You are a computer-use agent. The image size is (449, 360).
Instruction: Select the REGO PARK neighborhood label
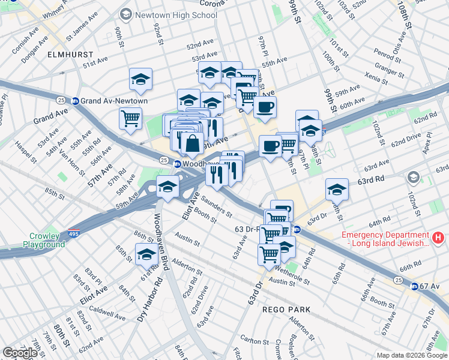coord(286,310)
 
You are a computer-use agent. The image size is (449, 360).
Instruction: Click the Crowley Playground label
coord(44,240)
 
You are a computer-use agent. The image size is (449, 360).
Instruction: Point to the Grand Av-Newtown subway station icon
coord(75,101)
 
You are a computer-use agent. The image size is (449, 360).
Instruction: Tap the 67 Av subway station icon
coord(414,286)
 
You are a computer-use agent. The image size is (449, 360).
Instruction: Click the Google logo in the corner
coord(20,353)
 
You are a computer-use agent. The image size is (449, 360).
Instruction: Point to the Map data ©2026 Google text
coord(412,355)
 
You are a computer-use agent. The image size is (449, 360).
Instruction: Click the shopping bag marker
coord(193,143)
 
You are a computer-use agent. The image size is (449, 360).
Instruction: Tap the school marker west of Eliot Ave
coord(167,187)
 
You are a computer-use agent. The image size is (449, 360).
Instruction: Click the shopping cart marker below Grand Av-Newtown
coord(130,118)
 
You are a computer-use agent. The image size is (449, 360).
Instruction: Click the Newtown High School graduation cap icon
coord(126,13)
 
